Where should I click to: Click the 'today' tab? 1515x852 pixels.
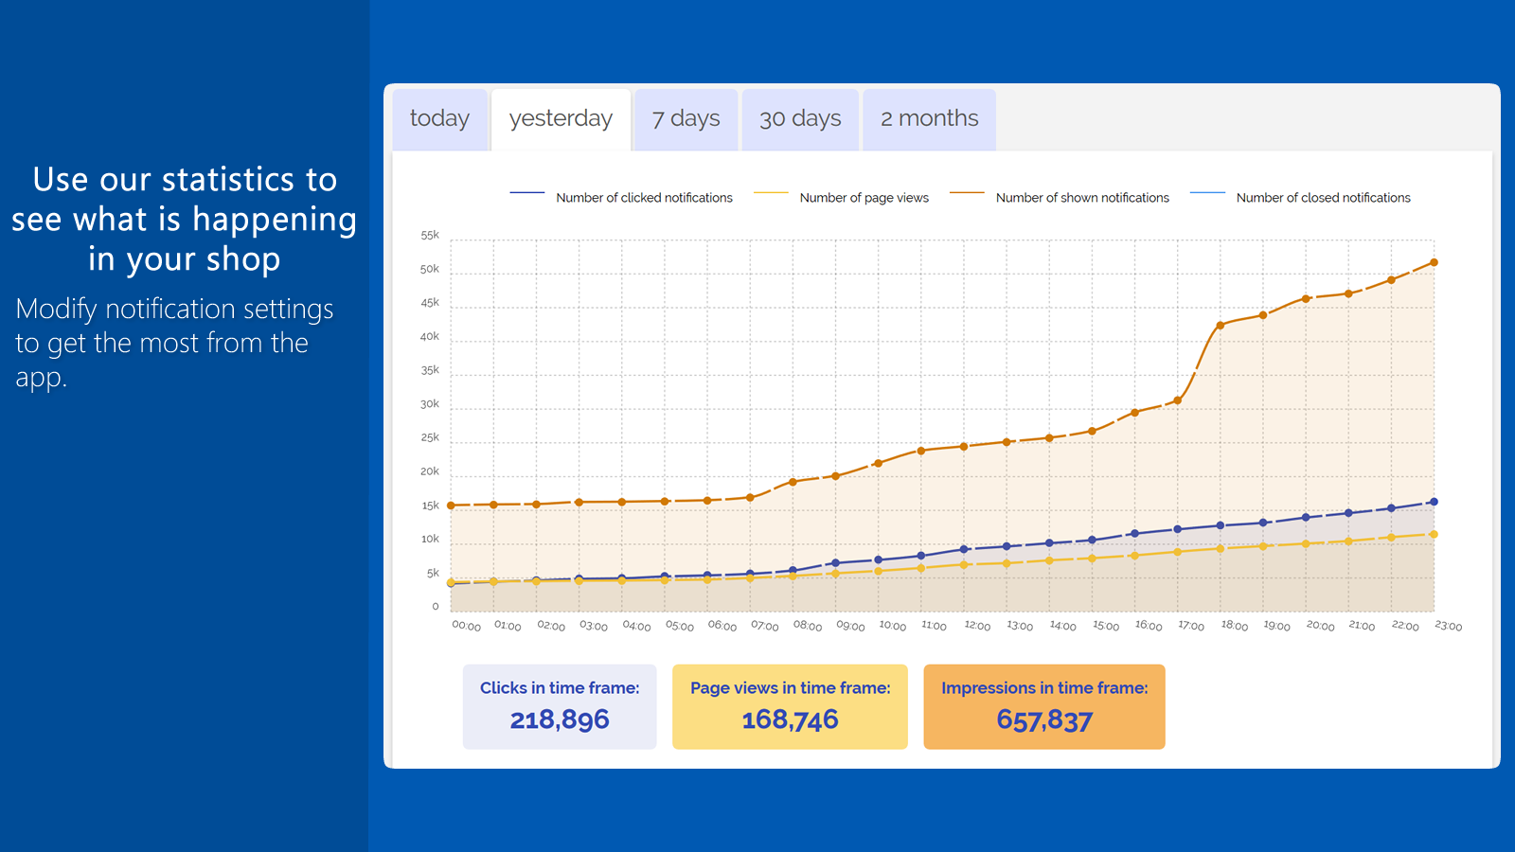click(x=439, y=119)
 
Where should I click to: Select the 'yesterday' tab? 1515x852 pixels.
click(x=561, y=119)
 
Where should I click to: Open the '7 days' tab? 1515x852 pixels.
click(x=686, y=119)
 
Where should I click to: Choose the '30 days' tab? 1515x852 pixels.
click(x=800, y=119)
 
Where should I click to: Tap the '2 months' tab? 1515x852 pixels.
click(x=929, y=119)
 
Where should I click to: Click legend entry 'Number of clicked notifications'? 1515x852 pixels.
click(x=621, y=198)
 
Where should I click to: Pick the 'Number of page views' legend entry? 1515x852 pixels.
click(x=841, y=198)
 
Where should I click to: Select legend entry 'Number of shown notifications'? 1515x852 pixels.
click(x=1060, y=198)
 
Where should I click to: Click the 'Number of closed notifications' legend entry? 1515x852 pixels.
click(x=1300, y=198)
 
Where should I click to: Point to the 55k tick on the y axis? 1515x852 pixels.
click(x=430, y=236)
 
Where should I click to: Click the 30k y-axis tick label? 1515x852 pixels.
click(x=430, y=404)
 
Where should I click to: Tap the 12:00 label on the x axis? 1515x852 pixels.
click(x=976, y=626)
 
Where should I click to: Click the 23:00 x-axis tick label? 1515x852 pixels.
click(x=1448, y=626)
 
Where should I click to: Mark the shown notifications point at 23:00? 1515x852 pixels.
click(x=1434, y=262)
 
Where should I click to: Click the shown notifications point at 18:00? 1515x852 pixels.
click(x=1221, y=326)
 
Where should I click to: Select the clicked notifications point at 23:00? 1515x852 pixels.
click(x=1434, y=502)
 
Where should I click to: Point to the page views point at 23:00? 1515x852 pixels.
click(x=1434, y=534)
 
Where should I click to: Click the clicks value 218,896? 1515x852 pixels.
click(x=560, y=719)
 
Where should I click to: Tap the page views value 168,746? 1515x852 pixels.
click(x=790, y=719)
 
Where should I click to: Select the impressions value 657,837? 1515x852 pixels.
click(x=1044, y=720)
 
